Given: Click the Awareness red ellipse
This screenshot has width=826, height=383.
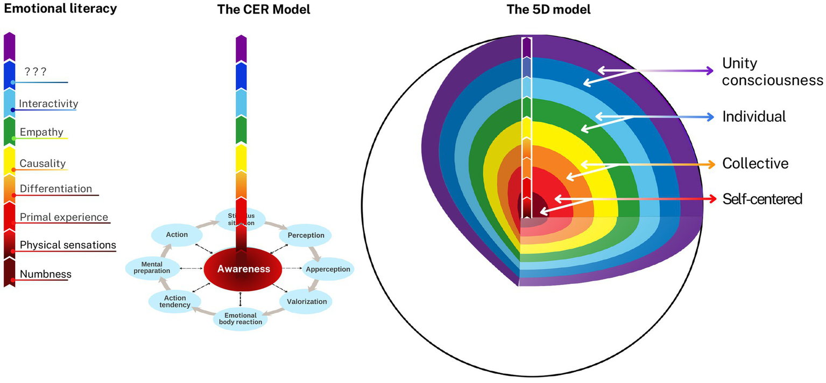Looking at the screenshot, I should (x=243, y=269).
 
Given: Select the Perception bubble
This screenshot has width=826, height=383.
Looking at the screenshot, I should (x=306, y=235).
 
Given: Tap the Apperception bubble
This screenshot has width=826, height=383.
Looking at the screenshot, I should (x=327, y=269).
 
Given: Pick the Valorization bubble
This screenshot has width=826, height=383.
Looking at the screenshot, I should (x=307, y=301).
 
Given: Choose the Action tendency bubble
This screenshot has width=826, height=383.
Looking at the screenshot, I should (x=175, y=302).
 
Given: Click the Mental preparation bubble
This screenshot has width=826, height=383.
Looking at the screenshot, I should (x=148, y=268).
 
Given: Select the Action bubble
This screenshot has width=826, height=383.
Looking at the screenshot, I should (x=177, y=234).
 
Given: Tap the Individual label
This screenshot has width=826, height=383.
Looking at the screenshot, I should (x=754, y=116).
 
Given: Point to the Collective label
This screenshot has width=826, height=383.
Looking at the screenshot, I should (x=755, y=163).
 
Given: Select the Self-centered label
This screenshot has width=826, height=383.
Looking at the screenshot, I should (x=762, y=199).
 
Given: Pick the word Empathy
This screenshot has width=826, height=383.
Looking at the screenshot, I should (x=41, y=132).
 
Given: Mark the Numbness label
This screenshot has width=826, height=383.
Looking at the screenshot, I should (x=45, y=274).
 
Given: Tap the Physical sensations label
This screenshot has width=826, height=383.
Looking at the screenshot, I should (x=68, y=245).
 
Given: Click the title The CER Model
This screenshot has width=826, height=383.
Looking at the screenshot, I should (x=263, y=9).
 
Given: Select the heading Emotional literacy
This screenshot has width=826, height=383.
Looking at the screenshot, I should (x=58, y=8).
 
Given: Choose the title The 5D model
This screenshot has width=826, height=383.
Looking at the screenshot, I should (x=549, y=9).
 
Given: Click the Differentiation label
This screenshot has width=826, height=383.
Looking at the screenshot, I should (x=56, y=189).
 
